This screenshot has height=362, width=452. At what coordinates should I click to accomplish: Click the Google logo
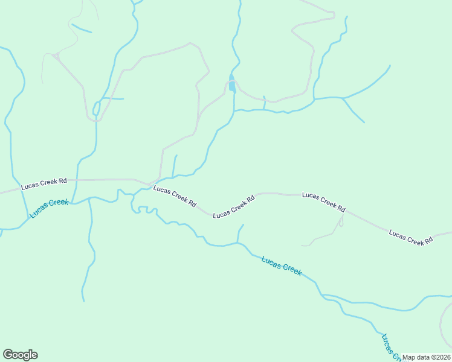pos(20,355)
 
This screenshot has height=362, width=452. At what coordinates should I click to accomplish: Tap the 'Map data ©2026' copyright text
pos(427,357)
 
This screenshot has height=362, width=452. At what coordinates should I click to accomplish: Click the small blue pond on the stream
pos(232,84)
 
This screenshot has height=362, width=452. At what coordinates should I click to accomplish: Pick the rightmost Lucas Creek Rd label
pos(411,237)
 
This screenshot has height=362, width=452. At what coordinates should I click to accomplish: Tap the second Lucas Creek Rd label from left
pos(175,197)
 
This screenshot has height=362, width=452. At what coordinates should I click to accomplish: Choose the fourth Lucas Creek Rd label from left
pos(323,202)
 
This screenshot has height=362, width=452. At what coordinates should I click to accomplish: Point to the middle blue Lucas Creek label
pos(282,265)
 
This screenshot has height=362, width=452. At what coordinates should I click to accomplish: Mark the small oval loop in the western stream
pos(95,109)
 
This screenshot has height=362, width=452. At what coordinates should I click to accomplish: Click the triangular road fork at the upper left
pos(56,56)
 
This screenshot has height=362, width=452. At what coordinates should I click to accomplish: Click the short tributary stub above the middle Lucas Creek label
pos(241,232)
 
